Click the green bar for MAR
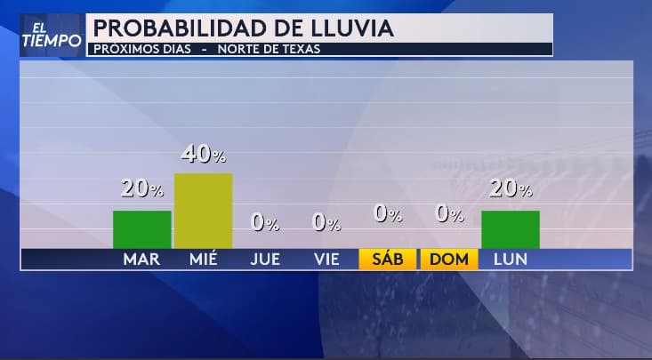click(x=141, y=229)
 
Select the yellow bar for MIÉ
click(x=203, y=211)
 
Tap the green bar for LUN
click(x=510, y=229)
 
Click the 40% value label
click(x=203, y=155)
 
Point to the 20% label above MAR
click(x=141, y=188)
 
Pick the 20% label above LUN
click(x=511, y=188)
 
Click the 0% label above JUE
click(x=265, y=223)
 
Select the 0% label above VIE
click(x=326, y=223)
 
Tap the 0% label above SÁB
click(x=388, y=213)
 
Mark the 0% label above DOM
click(x=449, y=213)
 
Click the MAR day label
click(x=141, y=260)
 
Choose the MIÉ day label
click(x=204, y=260)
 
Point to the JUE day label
click(x=265, y=260)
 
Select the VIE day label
click(x=326, y=260)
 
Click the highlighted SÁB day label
click(x=388, y=260)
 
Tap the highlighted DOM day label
click(x=449, y=260)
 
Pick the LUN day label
click(x=511, y=260)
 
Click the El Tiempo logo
click(x=52, y=36)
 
